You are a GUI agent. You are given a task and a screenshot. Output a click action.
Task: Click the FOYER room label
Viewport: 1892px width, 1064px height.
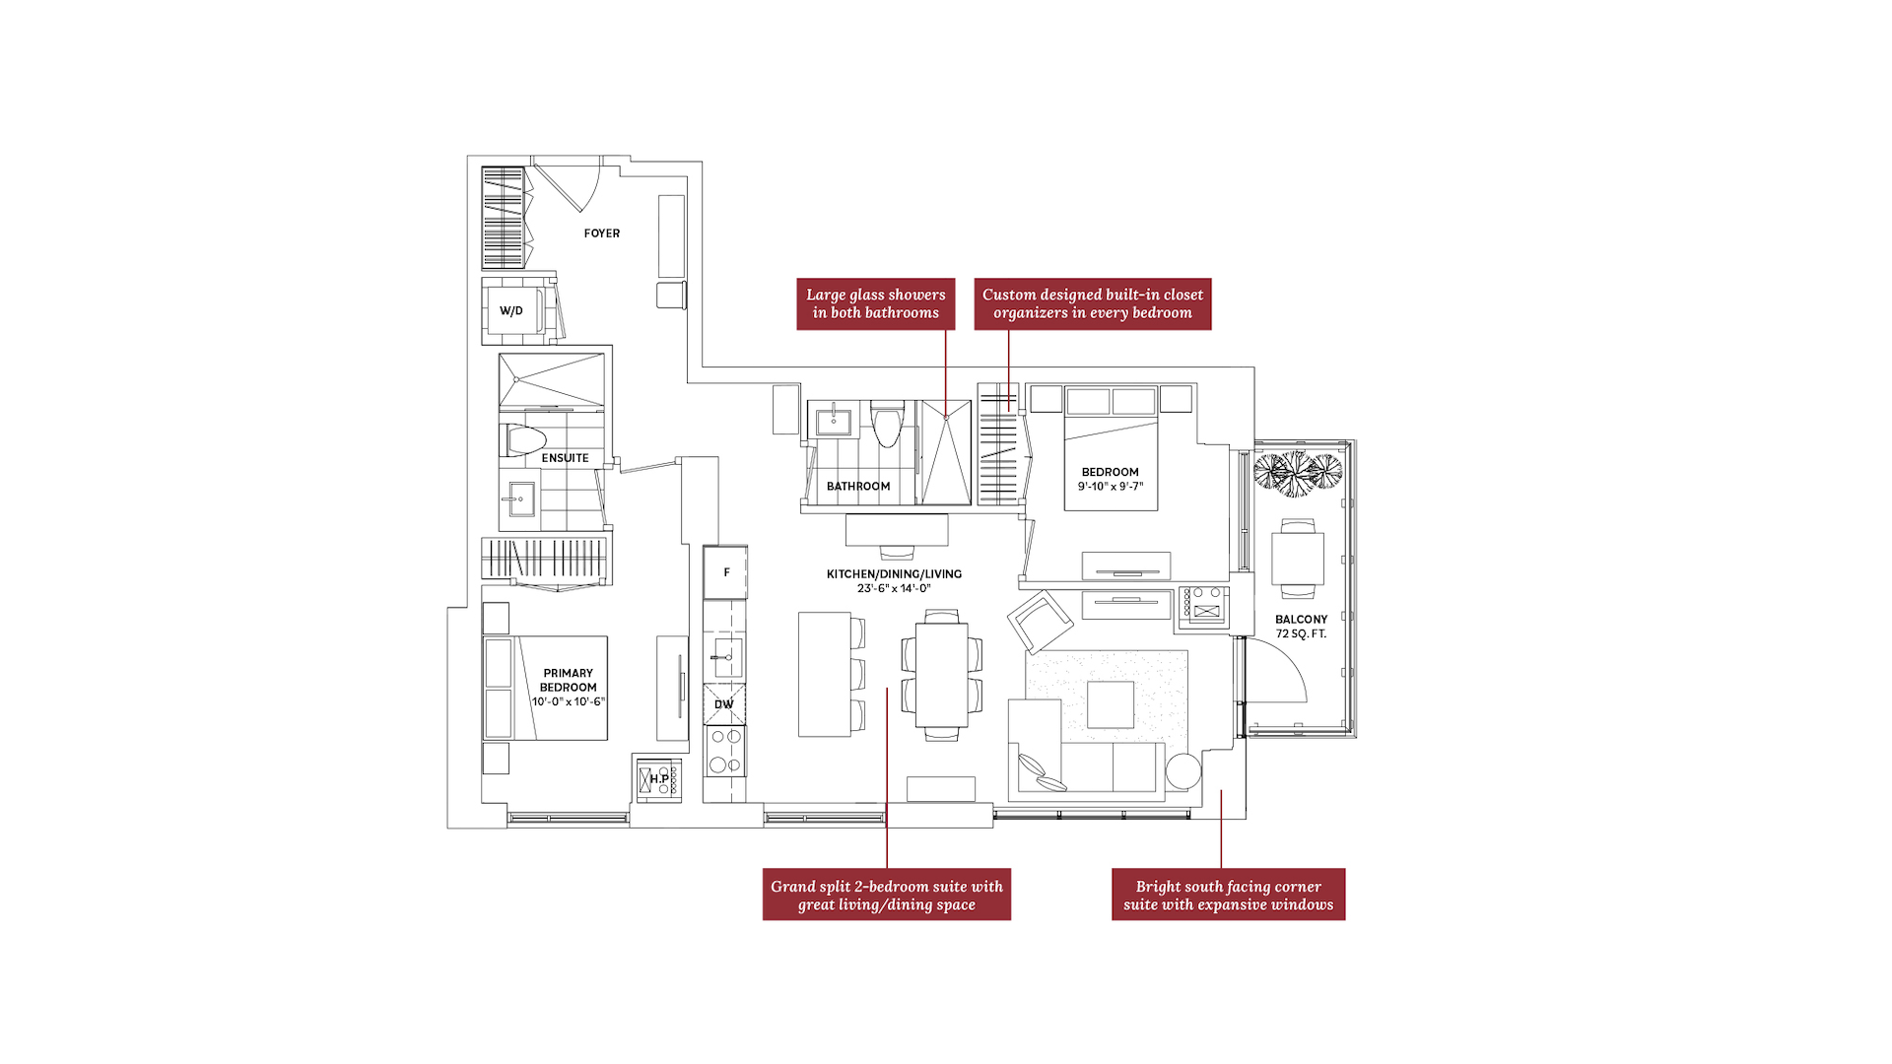click(601, 233)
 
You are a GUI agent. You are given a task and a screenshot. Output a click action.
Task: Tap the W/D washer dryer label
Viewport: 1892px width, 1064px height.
click(510, 310)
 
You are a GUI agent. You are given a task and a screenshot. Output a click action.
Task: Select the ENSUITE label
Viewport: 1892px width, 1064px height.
click(565, 458)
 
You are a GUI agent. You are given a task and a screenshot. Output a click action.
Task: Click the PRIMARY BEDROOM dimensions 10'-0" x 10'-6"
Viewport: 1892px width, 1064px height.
click(569, 701)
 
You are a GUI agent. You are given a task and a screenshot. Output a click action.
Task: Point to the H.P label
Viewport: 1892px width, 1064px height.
click(659, 779)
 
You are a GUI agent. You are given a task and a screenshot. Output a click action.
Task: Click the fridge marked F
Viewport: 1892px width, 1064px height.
click(725, 572)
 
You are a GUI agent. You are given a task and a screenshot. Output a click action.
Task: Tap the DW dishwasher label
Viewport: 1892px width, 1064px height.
click(723, 704)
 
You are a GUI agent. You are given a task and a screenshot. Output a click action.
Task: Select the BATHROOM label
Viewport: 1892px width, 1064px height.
click(858, 486)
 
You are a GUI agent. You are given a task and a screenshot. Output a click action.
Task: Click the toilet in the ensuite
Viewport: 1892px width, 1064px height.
click(525, 439)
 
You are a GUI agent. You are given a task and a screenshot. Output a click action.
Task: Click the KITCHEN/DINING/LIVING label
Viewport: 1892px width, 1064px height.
click(894, 573)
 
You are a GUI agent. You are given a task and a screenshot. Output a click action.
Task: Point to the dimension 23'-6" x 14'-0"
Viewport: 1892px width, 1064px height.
click(894, 588)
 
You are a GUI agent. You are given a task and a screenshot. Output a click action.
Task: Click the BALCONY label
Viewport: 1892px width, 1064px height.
click(1301, 620)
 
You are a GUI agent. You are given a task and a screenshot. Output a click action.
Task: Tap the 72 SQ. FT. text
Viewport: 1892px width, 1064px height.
click(1301, 633)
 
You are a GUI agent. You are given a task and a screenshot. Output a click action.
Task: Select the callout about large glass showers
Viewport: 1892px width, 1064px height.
click(876, 303)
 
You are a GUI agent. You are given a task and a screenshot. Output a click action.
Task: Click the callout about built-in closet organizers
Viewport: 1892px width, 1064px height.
click(1093, 303)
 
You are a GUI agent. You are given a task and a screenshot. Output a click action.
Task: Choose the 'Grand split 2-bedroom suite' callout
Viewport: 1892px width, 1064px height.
click(887, 895)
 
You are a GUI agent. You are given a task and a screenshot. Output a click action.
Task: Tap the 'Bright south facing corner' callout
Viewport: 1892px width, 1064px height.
click(1228, 895)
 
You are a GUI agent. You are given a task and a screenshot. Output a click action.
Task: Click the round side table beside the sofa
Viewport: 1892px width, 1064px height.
click(1182, 771)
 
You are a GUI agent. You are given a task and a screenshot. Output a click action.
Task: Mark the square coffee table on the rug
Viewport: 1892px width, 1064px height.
click(1111, 704)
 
